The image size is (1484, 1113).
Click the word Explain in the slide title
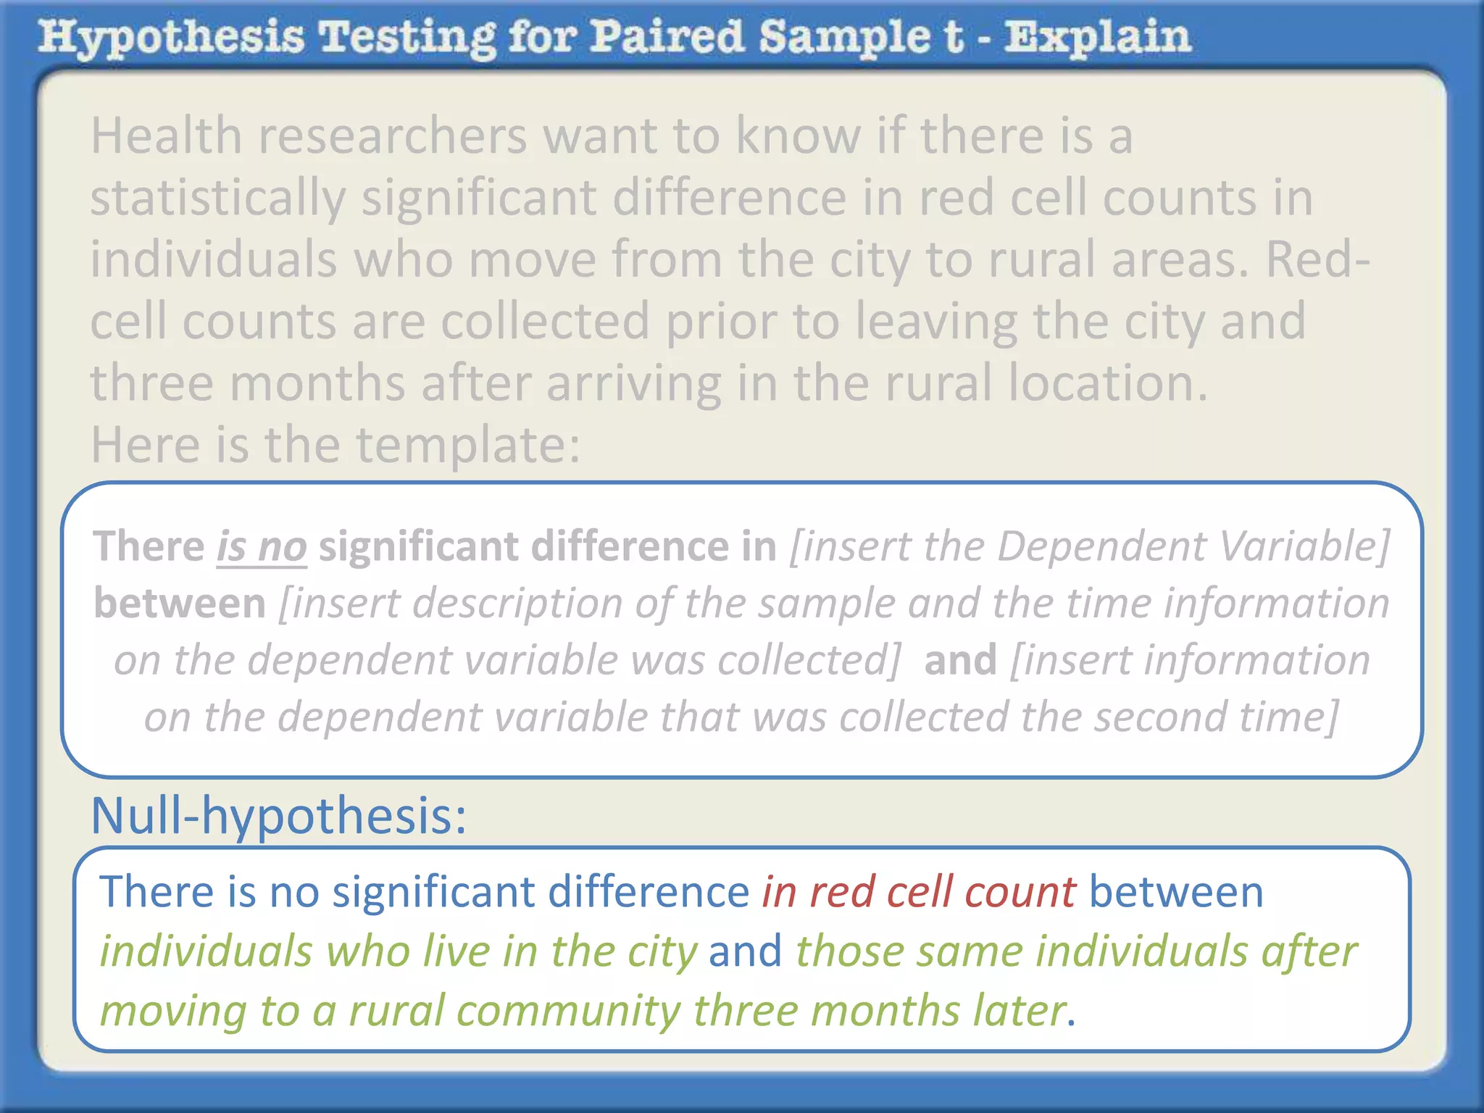[1097, 38]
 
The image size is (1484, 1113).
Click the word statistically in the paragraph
[218, 199]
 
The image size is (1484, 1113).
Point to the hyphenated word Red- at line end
[1318, 259]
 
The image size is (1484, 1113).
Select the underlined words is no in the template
[262, 546]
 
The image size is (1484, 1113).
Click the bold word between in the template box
[180, 603]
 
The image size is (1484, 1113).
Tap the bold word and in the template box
[960, 660]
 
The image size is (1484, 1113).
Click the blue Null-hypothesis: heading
[278, 816]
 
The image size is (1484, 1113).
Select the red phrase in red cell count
[918, 892]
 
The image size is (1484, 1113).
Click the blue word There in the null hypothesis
[157, 892]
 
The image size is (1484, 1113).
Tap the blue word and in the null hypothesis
[745, 951]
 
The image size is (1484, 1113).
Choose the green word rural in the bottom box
[396, 1012]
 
